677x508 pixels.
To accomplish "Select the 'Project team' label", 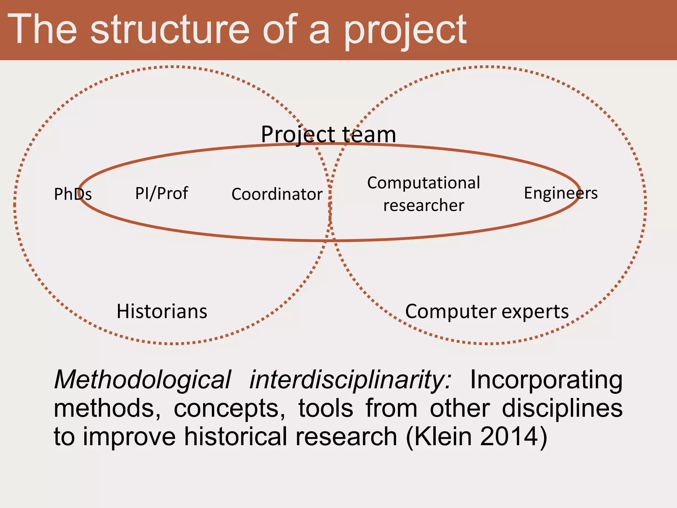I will coord(328,135).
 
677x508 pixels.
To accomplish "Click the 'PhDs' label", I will coord(73,194).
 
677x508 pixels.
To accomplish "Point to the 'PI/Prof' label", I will coord(162,193).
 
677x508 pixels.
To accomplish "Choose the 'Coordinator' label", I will coord(277,194).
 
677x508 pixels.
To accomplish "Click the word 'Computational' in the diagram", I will coord(423,183).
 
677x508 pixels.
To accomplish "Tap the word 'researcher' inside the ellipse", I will coord(423,205).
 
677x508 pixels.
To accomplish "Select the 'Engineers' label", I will coord(561,193).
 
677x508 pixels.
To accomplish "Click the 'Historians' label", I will coord(162,312).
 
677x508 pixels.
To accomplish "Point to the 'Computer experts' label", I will coord(487,312).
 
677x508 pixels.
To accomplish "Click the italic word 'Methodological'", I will coord(142,380).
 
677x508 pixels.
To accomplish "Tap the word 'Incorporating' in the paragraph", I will coord(546,380).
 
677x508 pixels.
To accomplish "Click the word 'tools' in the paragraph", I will coord(326,408).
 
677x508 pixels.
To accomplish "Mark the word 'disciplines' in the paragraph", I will coord(562,408).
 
